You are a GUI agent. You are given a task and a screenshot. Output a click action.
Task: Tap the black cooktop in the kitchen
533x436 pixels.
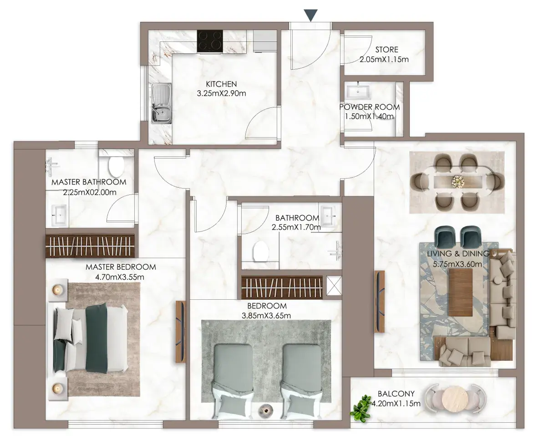pyautogui.click(x=210, y=41)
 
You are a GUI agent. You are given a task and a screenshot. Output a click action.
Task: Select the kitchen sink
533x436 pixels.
pyautogui.click(x=162, y=103)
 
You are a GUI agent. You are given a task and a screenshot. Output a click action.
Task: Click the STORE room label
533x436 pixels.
pyautogui.click(x=386, y=50)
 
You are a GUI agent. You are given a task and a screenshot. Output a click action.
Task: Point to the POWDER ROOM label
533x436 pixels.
pyautogui.click(x=370, y=107)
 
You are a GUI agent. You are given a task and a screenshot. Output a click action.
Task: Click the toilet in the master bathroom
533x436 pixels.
pyautogui.click(x=116, y=165)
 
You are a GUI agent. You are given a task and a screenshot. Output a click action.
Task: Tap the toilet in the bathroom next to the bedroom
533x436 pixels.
pyautogui.click(x=261, y=251)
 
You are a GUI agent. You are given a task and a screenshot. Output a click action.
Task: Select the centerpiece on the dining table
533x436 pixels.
pyautogui.click(x=457, y=181)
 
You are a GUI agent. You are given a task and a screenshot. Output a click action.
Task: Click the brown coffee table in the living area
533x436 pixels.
pyautogui.click(x=460, y=292)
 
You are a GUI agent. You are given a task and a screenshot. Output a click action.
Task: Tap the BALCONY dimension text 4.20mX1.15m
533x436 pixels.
pyautogui.click(x=396, y=404)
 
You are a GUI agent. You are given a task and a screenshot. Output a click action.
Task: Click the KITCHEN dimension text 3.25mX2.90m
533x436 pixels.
pyautogui.click(x=221, y=93)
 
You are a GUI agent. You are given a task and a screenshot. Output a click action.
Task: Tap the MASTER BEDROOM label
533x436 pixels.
pyautogui.click(x=121, y=267)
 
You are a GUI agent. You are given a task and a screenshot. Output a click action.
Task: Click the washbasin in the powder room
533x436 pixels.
pyautogui.click(x=358, y=91)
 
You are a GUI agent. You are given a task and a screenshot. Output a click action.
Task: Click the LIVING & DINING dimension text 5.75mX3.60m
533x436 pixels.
pyautogui.click(x=457, y=264)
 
